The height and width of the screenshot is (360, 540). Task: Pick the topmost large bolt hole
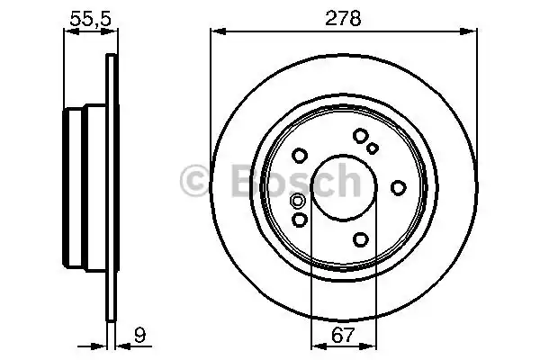pyautogui.click(x=361, y=136)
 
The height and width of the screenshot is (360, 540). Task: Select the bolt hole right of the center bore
pyautogui.click(x=398, y=186)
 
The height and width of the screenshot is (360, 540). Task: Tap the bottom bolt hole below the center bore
pyautogui.click(x=361, y=238)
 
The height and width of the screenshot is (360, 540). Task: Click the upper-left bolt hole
pyautogui.click(x=301, y=154)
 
